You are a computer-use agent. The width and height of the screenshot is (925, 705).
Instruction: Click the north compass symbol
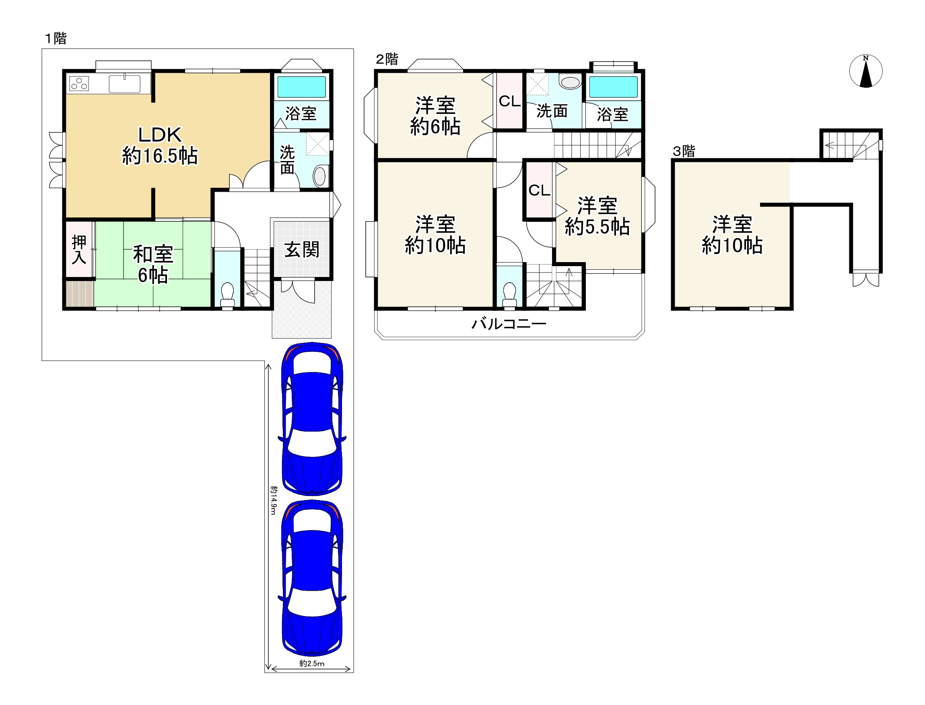click(x=865, y=71)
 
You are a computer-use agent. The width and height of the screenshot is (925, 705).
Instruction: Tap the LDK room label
click(x=160, y=135)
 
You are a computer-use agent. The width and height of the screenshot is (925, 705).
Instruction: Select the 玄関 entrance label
click(x=302, y=250)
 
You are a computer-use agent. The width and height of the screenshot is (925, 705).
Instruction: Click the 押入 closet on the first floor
click(x=79, y=249)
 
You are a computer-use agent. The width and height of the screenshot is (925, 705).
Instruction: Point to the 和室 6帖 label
click(x=153, y=265)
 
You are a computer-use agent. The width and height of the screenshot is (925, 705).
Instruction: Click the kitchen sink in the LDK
click(x=125, y=83)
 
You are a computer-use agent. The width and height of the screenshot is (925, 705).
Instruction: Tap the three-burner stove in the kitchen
click(x=79, y=83)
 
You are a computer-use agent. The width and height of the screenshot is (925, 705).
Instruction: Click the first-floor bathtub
click(x=301, y=87)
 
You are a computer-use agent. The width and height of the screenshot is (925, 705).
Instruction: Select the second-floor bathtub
click(x=613, y=87)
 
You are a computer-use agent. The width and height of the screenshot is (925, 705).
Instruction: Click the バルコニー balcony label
click(x=509, y=324)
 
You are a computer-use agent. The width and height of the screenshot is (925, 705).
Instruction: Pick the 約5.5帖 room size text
click(x=597, y=227)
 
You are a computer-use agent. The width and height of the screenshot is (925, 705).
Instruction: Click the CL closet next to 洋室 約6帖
click(x=509, y=101)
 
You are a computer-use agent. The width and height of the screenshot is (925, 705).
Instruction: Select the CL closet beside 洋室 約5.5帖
click(x=539, y=190)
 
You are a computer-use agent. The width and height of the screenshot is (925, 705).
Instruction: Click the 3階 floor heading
click(x=684, y=151)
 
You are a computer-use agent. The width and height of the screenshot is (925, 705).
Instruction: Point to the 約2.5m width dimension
click(x=311, y=664)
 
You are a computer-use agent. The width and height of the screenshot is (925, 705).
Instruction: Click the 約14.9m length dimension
click(x=273, y=500)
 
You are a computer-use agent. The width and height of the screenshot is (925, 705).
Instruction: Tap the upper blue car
click(x=312, y=418)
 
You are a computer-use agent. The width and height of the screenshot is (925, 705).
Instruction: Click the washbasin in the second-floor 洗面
click(x=570, y=82)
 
